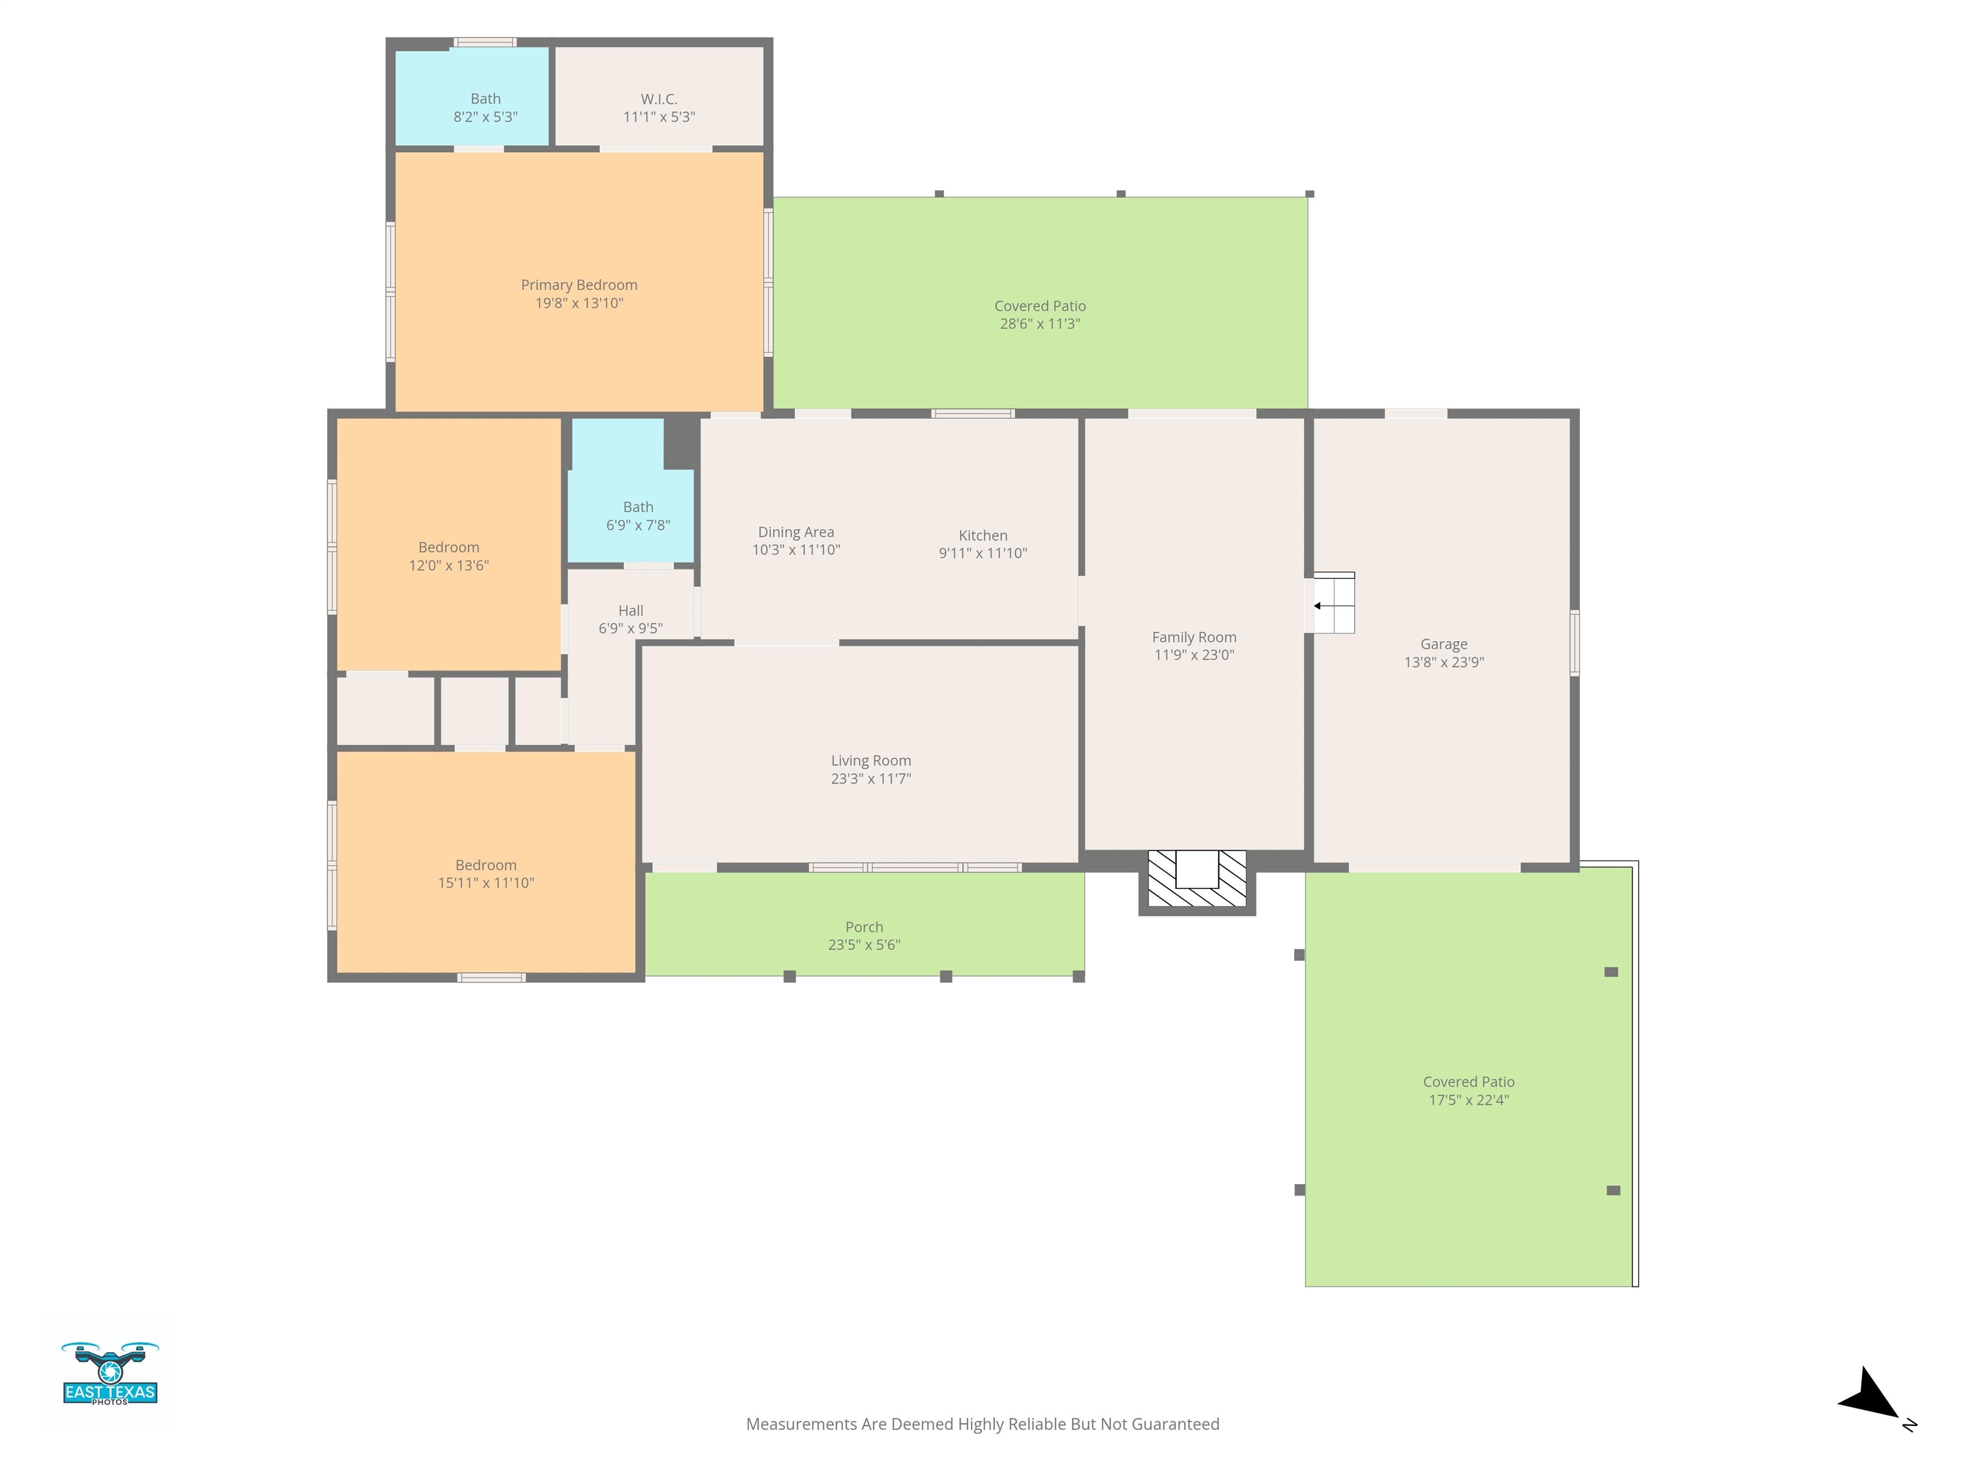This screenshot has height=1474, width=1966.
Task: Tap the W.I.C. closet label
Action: click(659, 99)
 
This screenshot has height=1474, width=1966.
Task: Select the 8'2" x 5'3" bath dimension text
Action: click(485, 116)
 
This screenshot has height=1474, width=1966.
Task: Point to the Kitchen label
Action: click(983, 535)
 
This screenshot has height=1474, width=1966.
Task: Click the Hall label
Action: click(630, 610)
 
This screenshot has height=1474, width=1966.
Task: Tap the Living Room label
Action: click(871, 761)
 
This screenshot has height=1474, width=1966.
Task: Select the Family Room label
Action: click(1194, 637)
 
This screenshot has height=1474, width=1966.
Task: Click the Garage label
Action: click(1443, 644)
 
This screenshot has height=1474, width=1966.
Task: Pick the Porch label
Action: click(864, 927)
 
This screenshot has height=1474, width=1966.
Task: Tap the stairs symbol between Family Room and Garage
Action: click(1333, 603)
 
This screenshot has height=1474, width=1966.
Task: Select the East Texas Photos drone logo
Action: click(110, 1374)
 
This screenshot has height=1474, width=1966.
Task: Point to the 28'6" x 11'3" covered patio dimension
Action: click(1040, 324)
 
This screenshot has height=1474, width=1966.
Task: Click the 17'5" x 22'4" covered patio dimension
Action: click(1468, 1100)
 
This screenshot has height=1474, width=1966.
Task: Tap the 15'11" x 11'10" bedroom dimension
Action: click(485, 882)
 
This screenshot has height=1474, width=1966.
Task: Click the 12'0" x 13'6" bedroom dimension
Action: click(449, 565)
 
